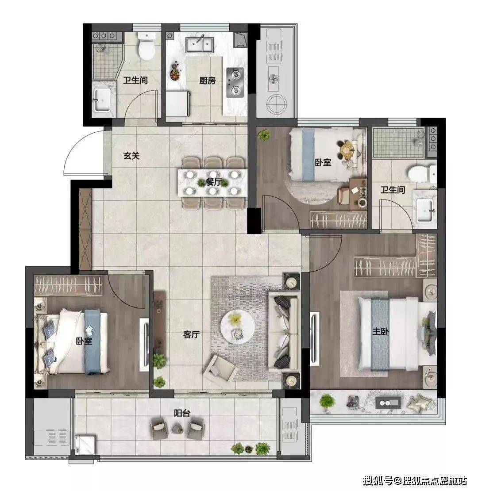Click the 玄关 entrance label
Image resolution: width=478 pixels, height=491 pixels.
[131, 156]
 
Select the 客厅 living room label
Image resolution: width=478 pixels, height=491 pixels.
[191, 334]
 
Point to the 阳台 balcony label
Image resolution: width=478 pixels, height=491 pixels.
[182, 413]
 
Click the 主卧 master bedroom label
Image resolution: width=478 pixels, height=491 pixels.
[380, 331]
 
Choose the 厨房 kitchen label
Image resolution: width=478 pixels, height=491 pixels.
[208, 81]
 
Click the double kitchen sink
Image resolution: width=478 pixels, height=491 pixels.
[200, 45]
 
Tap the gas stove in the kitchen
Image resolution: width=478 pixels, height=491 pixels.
[235, 82]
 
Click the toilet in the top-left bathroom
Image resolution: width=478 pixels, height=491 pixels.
[146, 46]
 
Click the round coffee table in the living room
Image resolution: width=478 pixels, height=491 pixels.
[237, 325]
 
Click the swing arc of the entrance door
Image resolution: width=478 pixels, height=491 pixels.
[77, 145]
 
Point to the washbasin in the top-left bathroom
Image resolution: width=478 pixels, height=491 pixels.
[102, 100]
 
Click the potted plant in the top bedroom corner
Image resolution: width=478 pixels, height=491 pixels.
[264, 136]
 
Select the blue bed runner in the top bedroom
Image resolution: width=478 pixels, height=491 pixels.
[308, 155]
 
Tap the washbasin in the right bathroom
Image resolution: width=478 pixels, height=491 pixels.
[425, 209]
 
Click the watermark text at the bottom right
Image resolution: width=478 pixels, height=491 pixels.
[415, 480]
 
